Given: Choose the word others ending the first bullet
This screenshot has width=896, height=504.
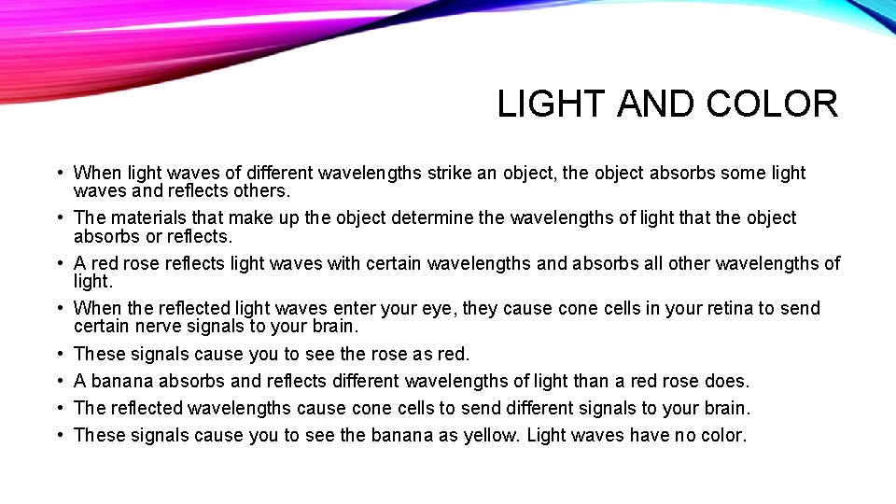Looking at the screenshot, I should (x=262, y=190).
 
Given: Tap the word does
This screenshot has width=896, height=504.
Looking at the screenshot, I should (x=728, y=381).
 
